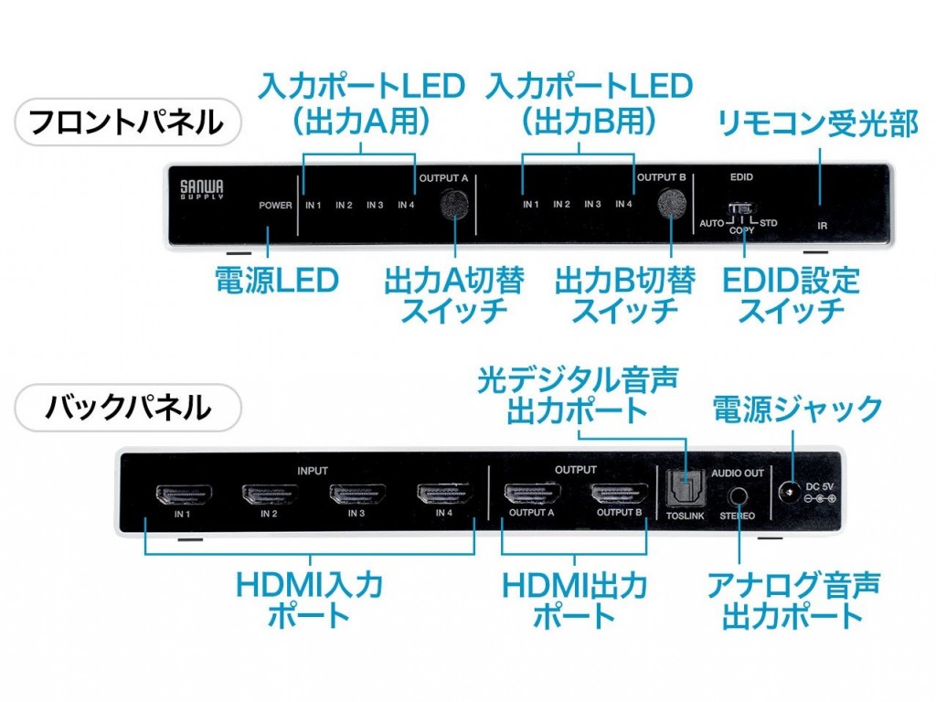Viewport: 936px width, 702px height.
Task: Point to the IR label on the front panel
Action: click(x=822, y=223)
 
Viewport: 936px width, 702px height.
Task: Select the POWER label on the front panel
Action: click(x=275, y=206)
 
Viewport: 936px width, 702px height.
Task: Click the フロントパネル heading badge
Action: click(x=127, y=122)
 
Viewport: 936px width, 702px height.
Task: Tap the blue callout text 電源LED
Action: click(x=276, y=280)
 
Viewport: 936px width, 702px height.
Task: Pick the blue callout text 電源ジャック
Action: click(x=797, y=409)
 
